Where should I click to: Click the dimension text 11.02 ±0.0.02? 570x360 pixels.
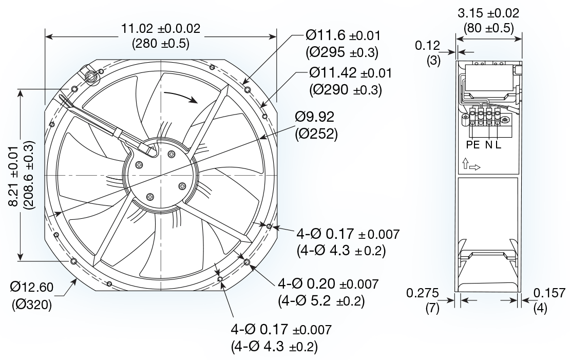160,29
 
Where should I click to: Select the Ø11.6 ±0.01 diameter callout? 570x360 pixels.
343,35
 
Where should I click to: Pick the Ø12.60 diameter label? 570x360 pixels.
30,286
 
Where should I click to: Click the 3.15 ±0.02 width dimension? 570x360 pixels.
488,13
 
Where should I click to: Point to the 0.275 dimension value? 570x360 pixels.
422,293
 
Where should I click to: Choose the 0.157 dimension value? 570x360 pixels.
550,293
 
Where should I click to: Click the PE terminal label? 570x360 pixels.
472,145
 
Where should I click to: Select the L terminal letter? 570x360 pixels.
498,145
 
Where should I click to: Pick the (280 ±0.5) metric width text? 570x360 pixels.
160,44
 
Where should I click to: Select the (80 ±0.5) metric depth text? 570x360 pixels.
488,28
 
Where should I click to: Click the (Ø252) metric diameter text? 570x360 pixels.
316,135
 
